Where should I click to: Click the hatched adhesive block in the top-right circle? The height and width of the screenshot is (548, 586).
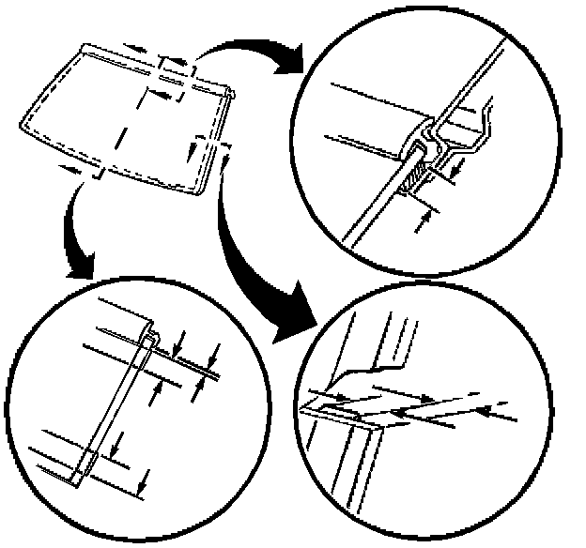click(x=415, y=176)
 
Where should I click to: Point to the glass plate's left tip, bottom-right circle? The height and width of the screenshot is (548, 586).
click(x=302, y=409)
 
